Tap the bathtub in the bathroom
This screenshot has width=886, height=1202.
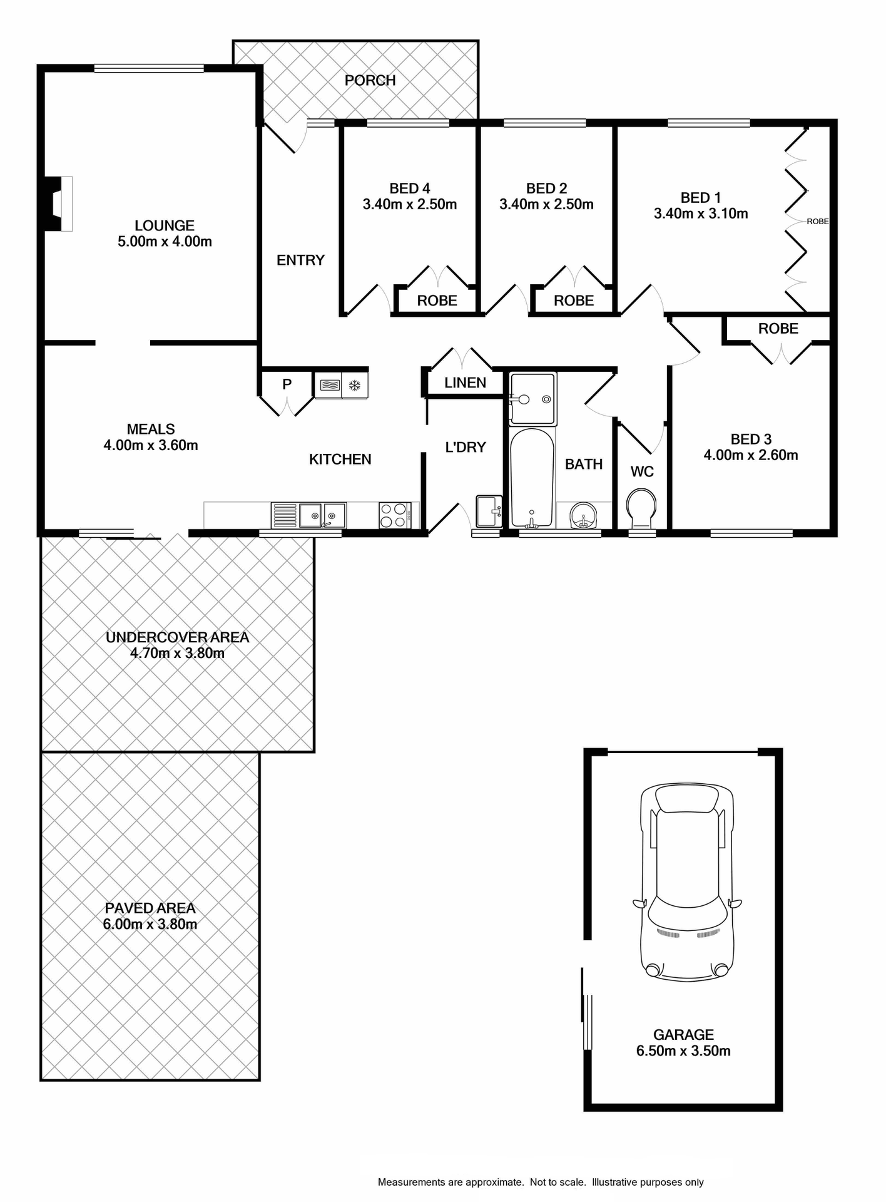(x=532, y=477)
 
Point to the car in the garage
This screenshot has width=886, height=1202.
(x=686, y=883)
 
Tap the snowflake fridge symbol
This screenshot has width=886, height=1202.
(x=355, y=385)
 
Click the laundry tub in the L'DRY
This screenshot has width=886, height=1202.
(x=488, y=511)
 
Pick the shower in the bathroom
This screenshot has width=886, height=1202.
(x=532, y=398)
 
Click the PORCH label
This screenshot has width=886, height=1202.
(x=370, y=81)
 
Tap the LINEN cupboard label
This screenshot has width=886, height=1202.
(x=465, y=383)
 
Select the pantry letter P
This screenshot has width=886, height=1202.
(x=287, y=384)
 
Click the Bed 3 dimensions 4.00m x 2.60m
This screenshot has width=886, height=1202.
(x=750, y=456)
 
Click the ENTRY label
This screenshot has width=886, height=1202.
(x=300, y=260)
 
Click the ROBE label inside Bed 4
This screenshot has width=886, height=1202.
(x=437, y=301)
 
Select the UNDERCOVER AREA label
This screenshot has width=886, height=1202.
(x=177, y=637)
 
